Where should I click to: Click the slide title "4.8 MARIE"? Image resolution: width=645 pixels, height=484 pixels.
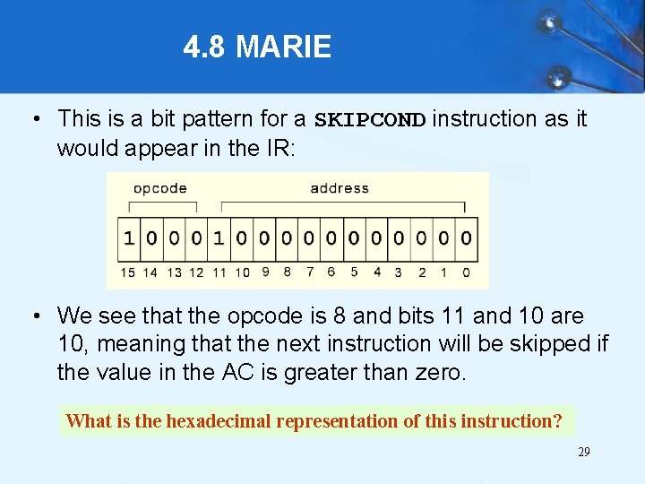(x=257, y=47)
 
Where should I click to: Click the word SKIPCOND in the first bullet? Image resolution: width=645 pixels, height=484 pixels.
(x=370, y=120)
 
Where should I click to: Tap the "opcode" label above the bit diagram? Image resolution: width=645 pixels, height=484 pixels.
(x=159, y=188)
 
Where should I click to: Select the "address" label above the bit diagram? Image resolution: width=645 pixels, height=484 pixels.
(x=340, y=188)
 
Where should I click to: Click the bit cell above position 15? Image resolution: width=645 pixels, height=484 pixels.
(x=129, y=238)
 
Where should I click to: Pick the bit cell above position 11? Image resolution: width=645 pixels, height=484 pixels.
(x=219, y=238)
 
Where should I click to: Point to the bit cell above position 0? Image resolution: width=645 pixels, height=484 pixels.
(x=466, y=238)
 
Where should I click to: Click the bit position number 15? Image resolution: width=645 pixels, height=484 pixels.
(x=129, y=272)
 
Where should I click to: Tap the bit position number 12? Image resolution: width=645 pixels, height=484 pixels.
(x=196, y=272)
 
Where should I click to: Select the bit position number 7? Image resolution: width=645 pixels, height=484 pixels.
(x=309, y=272)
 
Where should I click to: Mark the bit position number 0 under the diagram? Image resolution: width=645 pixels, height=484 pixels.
(x=466, y=272)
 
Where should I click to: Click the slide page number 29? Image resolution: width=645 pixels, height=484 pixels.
(x=583, y=452)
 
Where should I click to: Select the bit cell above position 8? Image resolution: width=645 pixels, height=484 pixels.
(x=287, y=238)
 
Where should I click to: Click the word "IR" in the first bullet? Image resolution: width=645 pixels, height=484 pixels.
(x=276, y=148)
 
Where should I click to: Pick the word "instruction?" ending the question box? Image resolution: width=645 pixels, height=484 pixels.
(x=512, y=420)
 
